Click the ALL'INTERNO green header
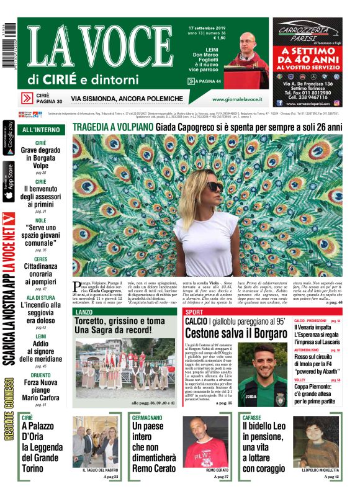(42, 130)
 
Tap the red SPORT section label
(194, 312)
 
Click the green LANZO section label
(83, 311)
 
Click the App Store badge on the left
(9, 182)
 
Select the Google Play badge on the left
(9, 140)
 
